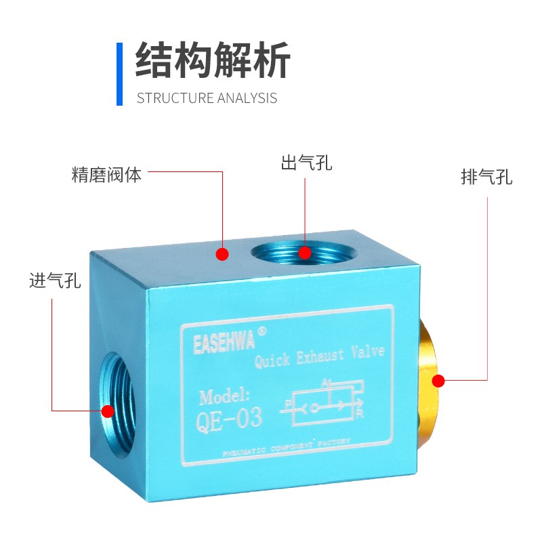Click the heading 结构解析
click(213, 60)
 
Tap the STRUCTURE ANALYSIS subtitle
click(207, 98)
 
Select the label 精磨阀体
click(107, 175)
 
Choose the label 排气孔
click(486, 178)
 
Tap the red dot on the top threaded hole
click(305, 253)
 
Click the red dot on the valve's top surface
click(222, 255)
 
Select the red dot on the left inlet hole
click(107, 411)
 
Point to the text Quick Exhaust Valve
click(319, 355)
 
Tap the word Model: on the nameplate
click(225, 396)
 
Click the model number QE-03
click(228, 419)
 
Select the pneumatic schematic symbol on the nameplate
click(325, 406)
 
